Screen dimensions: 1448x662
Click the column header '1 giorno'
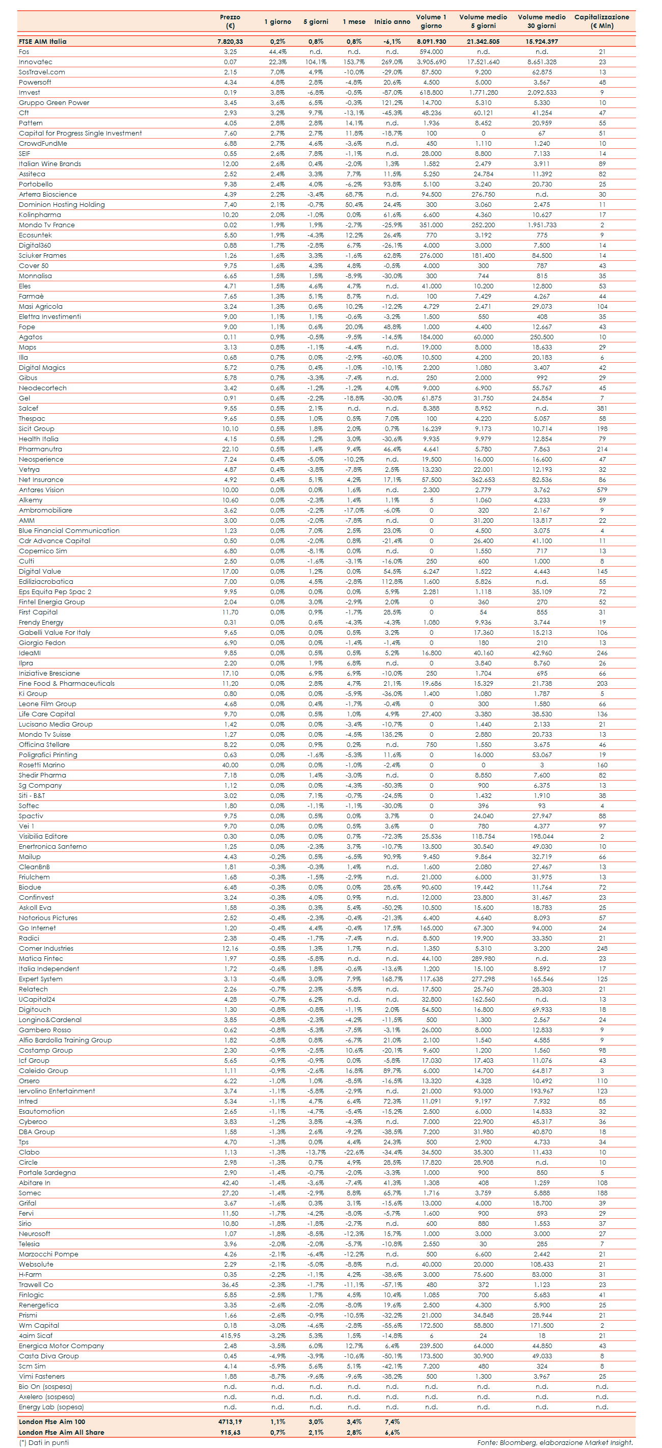[x=278, y=21]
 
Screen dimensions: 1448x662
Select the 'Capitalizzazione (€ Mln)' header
[x=601, y=21]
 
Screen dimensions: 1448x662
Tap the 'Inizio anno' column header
[x=392, y=21]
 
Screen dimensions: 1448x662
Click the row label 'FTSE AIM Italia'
[x=42, y=42]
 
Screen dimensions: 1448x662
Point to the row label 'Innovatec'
[x=36, y=62]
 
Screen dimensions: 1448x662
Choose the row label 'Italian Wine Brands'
[x=49, y=164]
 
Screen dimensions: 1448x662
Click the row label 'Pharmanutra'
[x=40, y=449]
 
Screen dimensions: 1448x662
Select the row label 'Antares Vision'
[x=41, y=490]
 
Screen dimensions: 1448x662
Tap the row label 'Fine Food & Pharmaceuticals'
[x=66, y=684]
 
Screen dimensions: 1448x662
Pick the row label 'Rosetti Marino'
[x=42, y=765]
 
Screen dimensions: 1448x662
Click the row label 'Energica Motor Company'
[x=61, y=1346]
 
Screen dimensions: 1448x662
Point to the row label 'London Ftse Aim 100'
[x=52, y=1422]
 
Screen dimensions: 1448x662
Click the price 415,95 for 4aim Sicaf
[x=230, y=1335]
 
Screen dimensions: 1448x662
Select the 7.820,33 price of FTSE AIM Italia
[x=230, y=42]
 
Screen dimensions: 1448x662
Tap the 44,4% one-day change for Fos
[x=278, y=52]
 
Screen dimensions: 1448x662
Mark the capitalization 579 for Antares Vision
[x=602, y=490]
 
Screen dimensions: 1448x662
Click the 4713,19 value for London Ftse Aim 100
[x=230, y=1422]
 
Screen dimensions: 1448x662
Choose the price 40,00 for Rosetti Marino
[x=230, y=765]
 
